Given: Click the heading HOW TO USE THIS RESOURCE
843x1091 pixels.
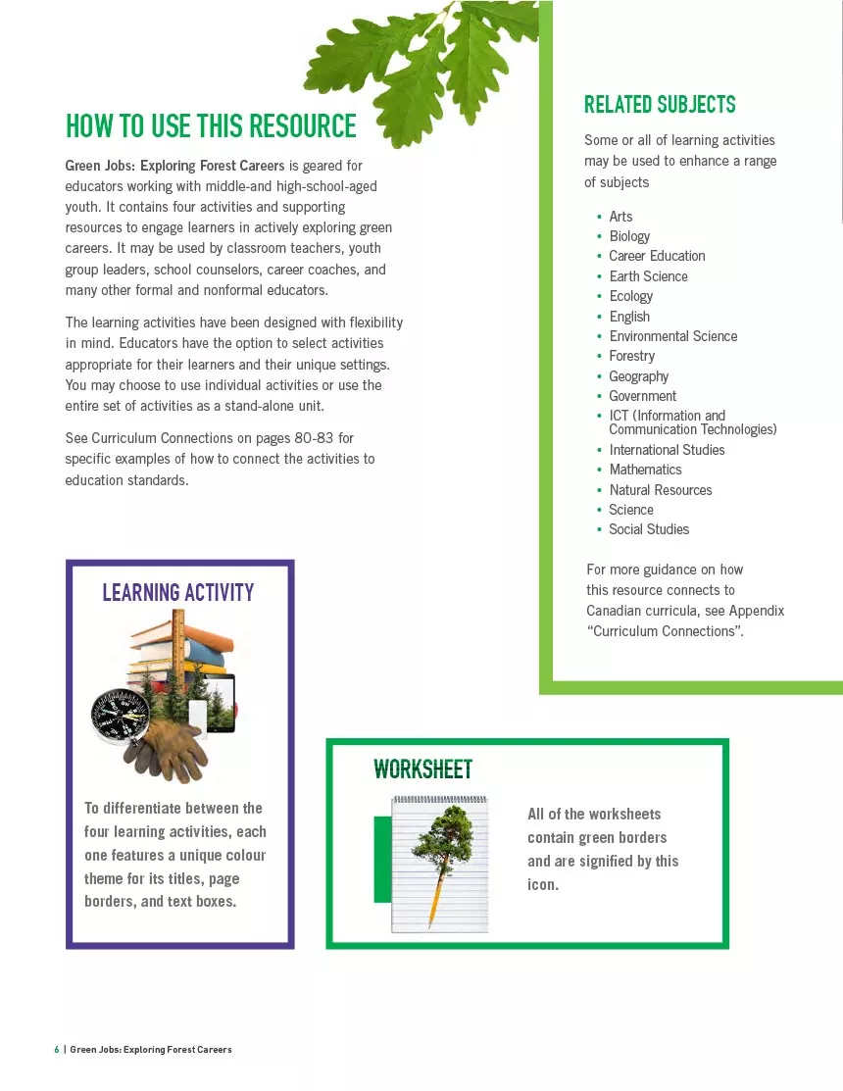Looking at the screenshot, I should [211, 126].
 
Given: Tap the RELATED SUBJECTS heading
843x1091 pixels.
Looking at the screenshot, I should [660, 105].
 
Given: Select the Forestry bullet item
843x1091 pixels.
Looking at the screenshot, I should [631, 356].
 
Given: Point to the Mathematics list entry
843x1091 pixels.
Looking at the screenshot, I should [645, 470].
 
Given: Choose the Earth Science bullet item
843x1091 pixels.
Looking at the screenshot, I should [648, 276].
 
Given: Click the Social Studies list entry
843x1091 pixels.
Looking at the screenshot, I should [648, 529].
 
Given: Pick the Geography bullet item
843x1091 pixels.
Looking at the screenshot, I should [638, 376].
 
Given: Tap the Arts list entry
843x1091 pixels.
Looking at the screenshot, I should [620, 217].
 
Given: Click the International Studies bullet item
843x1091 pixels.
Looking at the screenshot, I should [667, 450].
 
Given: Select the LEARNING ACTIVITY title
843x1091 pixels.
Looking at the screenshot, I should [177, 592].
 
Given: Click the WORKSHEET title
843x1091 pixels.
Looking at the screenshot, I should [422, 769].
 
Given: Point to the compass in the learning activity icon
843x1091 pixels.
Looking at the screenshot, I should [119, 718].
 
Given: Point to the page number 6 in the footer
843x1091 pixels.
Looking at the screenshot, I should [57, 1050].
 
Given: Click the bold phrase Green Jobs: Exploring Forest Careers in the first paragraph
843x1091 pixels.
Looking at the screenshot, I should [174, 166].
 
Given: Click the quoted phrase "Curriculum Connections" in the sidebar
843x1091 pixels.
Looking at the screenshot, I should [664, 631].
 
